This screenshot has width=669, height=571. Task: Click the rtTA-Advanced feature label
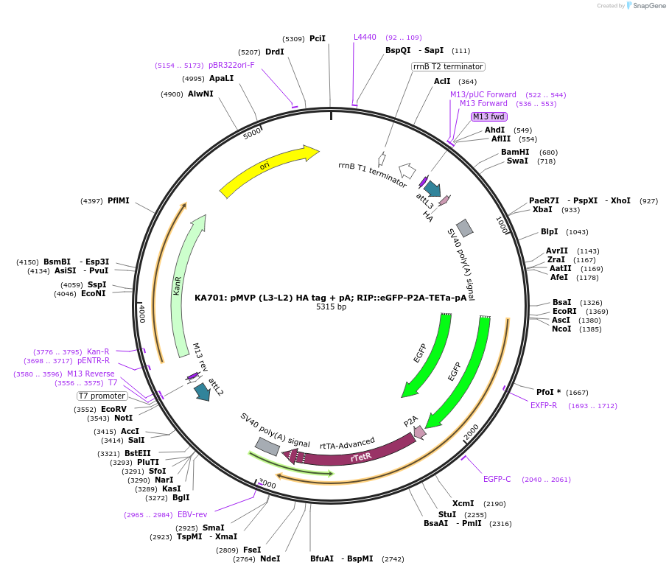347,444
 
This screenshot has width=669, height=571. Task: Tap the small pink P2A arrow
418,432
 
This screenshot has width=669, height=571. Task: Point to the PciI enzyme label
318,38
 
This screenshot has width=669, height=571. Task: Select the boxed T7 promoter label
102,396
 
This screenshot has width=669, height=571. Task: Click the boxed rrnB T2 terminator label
448,66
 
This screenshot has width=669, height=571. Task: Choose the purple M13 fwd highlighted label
489,116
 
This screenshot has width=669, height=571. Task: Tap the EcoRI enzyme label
564,311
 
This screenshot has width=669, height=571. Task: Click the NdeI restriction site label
270,558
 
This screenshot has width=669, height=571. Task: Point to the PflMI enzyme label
118,200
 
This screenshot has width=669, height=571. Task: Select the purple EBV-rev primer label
192,514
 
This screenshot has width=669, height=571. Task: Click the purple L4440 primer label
365,37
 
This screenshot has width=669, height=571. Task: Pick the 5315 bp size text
331,307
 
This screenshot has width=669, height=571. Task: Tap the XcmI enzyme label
463,503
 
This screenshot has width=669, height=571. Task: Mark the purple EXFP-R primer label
544,405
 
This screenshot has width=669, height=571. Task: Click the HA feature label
428,215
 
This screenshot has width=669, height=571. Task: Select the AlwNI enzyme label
200,94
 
